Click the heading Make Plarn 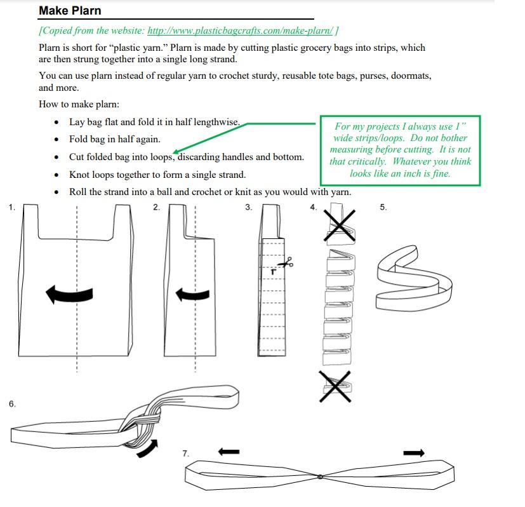coord(70,10)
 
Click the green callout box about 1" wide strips coord(400,150)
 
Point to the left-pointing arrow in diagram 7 coord(229,452)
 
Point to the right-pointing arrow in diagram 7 coord(414,452)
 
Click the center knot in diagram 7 coord(321,477)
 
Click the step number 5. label coord(383,207)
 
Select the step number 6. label coord(12,403)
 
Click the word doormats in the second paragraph coord(411,76)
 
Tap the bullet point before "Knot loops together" coord(58,175)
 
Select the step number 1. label coord(12,207)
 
